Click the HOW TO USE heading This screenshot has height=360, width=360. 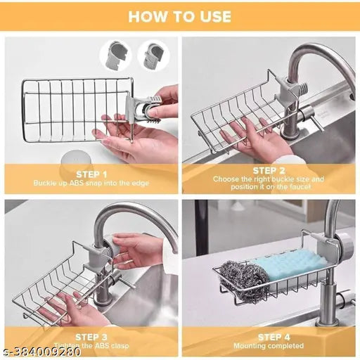[180, 16]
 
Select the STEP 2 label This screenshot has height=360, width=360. [268, 170]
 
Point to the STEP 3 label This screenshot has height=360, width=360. [91, 337]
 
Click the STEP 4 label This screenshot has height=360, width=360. [268, 337]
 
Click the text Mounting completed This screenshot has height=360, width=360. [268, 346]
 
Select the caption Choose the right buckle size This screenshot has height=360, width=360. [268, 179]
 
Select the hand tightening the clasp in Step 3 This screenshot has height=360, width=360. [141, 250]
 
